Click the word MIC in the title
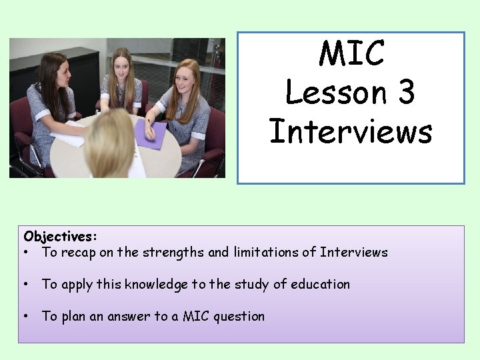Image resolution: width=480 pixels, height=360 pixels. click(x=351, y=54)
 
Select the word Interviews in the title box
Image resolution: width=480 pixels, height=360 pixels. click(x=351, y=131)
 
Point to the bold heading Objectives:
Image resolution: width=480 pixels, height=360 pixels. click(x=60, y=237)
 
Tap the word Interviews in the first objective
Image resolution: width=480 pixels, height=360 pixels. click(x=353, y=252)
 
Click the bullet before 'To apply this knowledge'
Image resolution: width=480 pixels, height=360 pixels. click(x=25, y=285)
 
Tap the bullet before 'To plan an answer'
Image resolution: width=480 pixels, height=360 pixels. click(x=25, y=317)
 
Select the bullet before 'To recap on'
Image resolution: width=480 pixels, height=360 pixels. click(x=25, y=253)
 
